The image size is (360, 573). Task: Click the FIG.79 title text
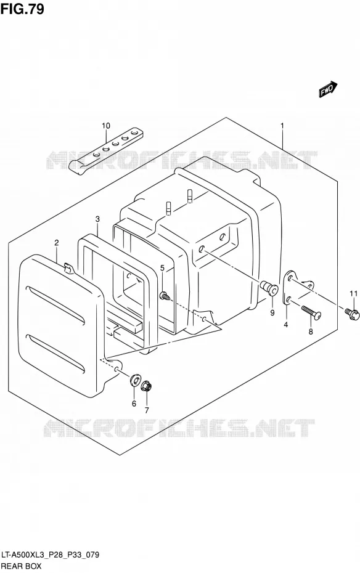pos(22,9)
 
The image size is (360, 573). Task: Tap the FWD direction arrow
pos(327,89)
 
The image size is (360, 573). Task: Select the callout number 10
pos(105,126)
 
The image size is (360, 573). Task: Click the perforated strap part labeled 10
pos(106,148)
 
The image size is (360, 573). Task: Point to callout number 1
pos(282,126)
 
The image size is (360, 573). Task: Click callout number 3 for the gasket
pos(97,219)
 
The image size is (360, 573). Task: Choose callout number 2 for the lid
pos(57,243)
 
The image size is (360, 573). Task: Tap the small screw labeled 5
pos(165,295)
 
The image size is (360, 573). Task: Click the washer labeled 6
pos(134,380)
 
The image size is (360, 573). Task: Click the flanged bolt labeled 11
pos(353,314)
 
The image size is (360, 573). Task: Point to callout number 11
pos(353,293)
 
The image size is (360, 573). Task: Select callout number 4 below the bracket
pos(286,324)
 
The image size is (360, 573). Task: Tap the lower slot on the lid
pos(56,354)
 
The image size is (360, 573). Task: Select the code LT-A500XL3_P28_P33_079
pos(50,555)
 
